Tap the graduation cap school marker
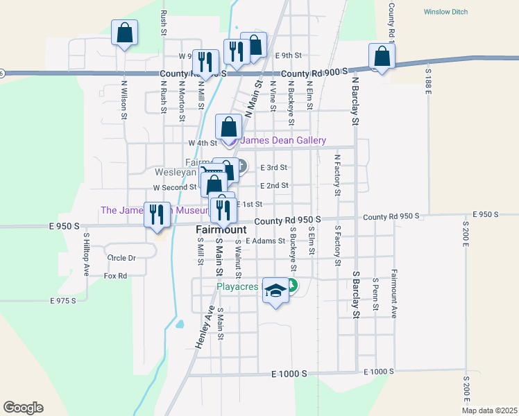coord(275,291)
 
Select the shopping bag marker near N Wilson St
coord(124,33)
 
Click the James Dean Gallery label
coord(282,141)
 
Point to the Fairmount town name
coord(221,229)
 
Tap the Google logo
coord(23,408)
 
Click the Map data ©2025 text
coord(488,410)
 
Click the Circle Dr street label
coord(121,258)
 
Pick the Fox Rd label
coord(115,276)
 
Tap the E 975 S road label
coord(62,301)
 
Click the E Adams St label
coord(265,241)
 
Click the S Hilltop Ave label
coord(87,254)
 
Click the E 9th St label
coord(289,55)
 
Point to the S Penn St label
coord(375,294)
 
